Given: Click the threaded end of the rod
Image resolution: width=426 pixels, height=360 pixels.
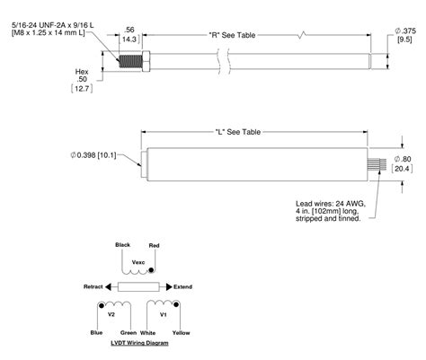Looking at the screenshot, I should (x=136, y=62).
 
